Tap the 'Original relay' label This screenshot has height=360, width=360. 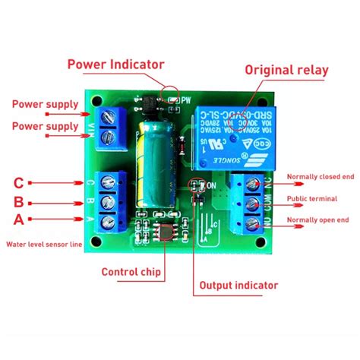pyautogui.click(x=286, y=70)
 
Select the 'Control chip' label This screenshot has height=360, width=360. pyautogui.click(x=130, y=270)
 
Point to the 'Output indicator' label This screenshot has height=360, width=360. pyautogui.click(x=238, y=286)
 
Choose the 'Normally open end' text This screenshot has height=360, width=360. pyautogui.click(x=317, y=220)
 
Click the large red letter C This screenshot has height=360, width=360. pyautogui.click(x=20, y=182)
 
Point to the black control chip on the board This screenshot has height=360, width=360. pyautogui.click(x=162, y=234)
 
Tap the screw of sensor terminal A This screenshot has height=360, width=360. pyautogui.click(x=112, y=222)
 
